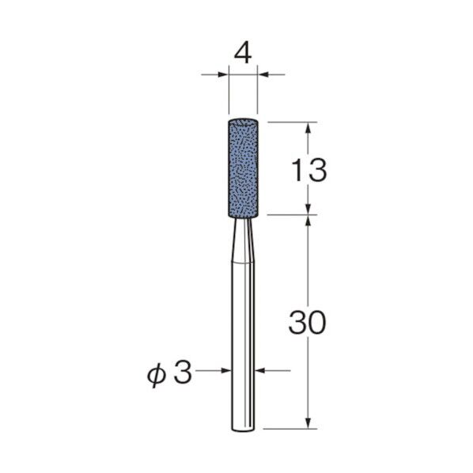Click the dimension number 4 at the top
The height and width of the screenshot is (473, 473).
pyautogui.click(x=243, y=55)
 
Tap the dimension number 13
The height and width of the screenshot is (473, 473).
pyautogui.click(x=309, y=170)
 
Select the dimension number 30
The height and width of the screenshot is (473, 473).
pyautogui.click(x=307, y=323)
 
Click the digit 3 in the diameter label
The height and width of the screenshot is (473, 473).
pyautogui.click(x=183, y=373)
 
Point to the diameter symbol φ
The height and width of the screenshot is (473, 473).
pyautogui.click(x=157, y=375)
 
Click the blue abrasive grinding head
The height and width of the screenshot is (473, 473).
pyautogui.click(x=243, y=168)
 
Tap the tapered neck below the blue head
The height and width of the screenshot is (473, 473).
pyautogui.click(x=243, y=240)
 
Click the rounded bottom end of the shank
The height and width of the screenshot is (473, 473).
pyautogui.click(x=243, y=429)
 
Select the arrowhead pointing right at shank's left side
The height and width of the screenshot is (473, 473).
pyautogui.click(x=225, y=370)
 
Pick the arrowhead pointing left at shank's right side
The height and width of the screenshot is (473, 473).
pyautogui.click(x=259, y=370)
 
